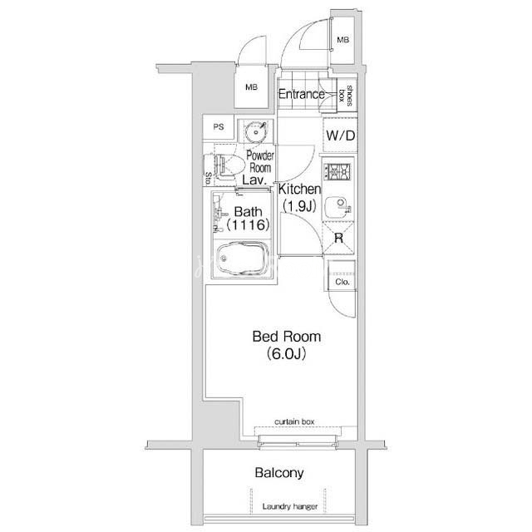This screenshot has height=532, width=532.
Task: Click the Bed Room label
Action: click(287, 337)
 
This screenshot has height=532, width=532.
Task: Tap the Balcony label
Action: click(279, 473)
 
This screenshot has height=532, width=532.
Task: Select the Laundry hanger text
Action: click(290, 506)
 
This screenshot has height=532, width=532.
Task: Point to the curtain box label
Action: click(294, 421)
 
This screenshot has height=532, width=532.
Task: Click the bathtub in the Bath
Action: click(243, 258)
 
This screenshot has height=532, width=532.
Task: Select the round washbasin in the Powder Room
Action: click(255, 131)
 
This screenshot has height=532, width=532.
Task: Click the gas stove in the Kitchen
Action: click(337, 171)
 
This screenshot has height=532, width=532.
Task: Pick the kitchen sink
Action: click(338, 207)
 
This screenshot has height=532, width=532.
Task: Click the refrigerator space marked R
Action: click(338, 239)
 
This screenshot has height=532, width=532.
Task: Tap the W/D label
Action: click(340, 135)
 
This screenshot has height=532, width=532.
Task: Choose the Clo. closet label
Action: click(342, 282)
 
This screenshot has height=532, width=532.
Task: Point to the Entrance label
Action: click(301, 94)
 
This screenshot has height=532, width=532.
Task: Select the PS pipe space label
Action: click(219, 127)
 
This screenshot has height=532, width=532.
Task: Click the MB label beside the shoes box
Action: click(343, 40)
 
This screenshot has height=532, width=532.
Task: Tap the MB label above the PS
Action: click(251, 87)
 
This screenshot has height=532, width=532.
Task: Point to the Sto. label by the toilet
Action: click(209, 178)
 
